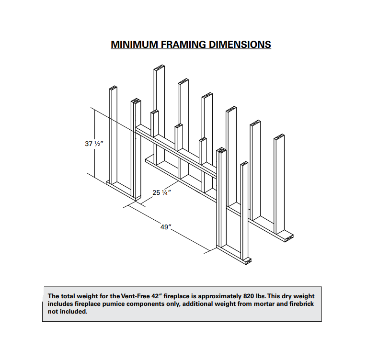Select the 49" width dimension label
point(166,227)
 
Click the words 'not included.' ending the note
point(68,312)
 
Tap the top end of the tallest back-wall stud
point(159,67)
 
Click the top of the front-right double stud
point(221,150)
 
